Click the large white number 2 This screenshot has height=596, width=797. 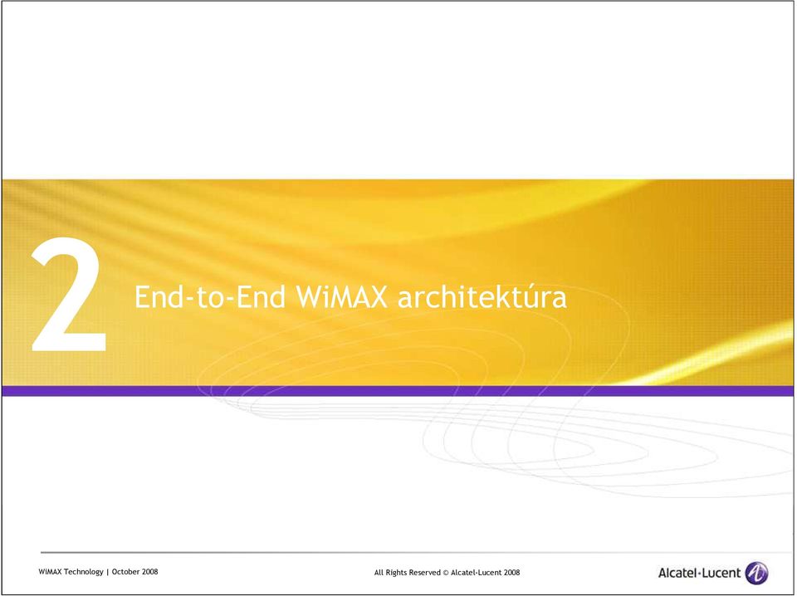point(69,294)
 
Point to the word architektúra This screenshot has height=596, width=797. point(482,296)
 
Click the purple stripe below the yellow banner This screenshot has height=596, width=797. point(398,391)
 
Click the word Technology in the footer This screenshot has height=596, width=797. point(84,572)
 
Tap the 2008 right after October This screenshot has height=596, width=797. point(150,572)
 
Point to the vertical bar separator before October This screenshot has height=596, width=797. point(108,572)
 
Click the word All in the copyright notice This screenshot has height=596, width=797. point(379,573)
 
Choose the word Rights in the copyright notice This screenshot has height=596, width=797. point(397,573)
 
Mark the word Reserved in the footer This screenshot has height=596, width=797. point(425,573)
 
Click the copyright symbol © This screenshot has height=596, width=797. point(446,573)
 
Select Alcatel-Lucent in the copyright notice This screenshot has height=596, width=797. point(477,573)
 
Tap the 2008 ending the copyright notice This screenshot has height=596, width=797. point(512,573)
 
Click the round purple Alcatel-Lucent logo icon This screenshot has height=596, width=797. point(757,573)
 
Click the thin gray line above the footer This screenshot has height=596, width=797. point(416,552)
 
